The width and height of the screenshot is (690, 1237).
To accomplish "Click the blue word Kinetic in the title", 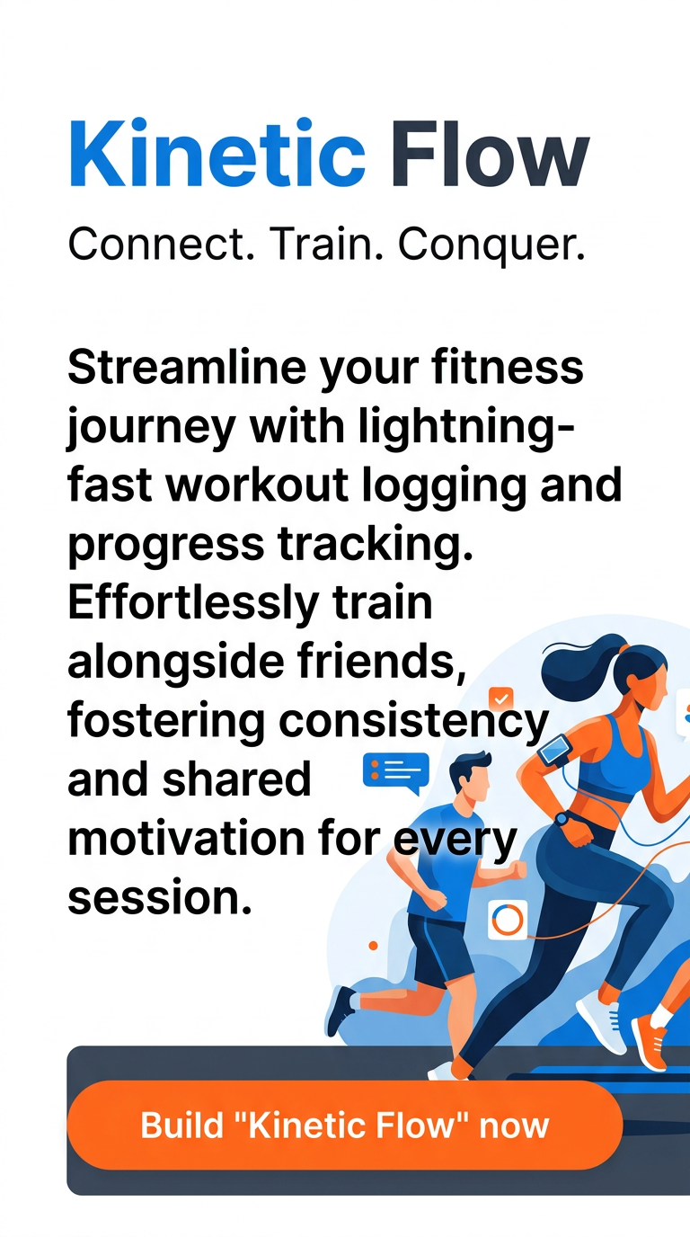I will pyautogui.click(x=216, y=156).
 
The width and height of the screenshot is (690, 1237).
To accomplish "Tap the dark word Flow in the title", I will pyautogui.click(x=489, y=156).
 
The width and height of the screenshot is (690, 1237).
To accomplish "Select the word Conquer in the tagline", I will pyautogui.click(x=491, y=244).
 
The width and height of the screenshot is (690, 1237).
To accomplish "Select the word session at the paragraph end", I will pyautogui.click(x=158, y=897).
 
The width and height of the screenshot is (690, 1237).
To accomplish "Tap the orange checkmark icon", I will pyautogui.click(x=500, y=699).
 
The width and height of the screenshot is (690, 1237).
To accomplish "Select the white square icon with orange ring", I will pyautogui.click(x=508, y=920).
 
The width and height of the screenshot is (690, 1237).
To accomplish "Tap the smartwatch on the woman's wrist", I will pyautogui.click(x=562, y=819).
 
